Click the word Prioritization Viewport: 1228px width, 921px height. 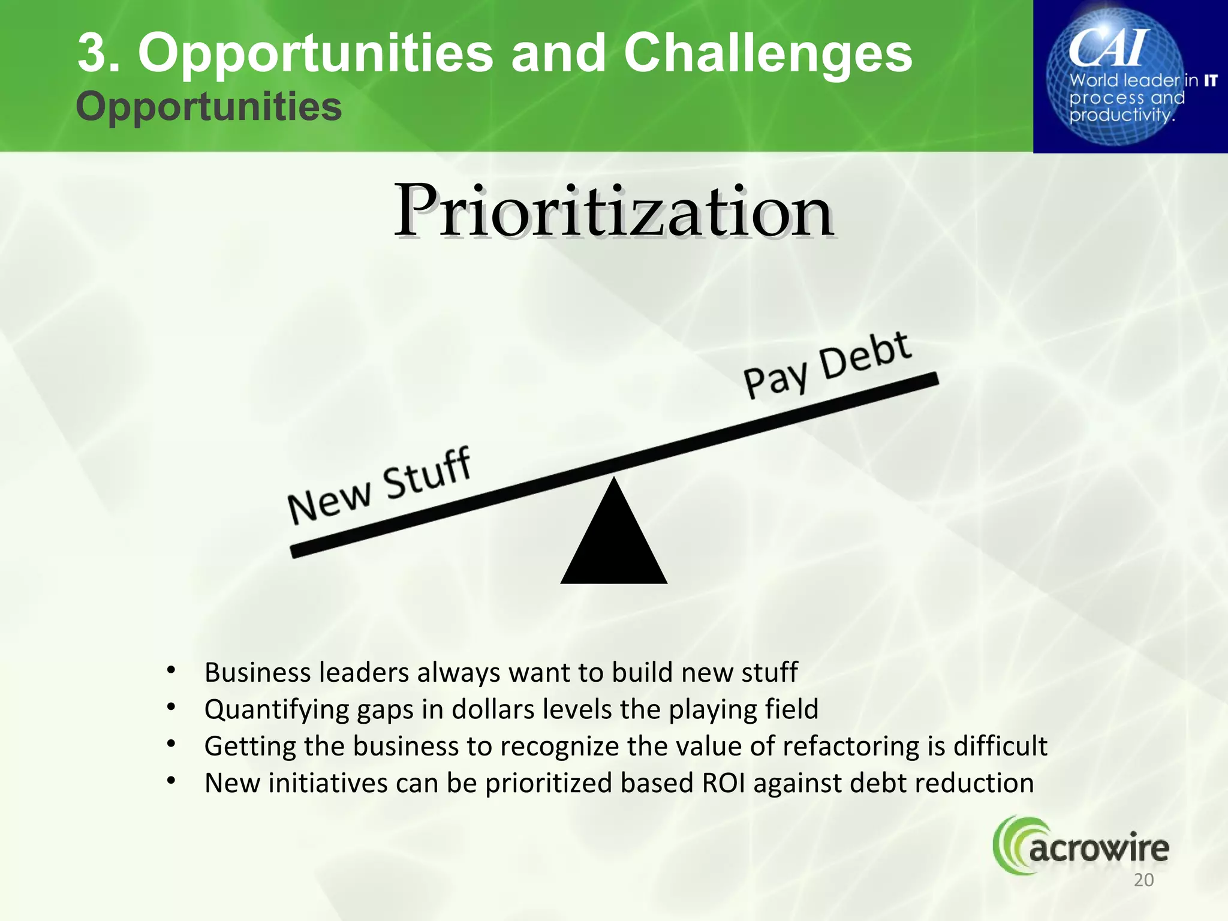pos(613,211)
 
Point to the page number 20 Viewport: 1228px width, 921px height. pos(1143,880)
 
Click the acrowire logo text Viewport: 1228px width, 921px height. pos(1098,849)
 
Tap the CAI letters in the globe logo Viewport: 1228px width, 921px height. pos(1108,48)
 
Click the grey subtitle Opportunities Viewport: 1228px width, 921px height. pos(209,107)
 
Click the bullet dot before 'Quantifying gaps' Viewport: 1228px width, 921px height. pos(171,708)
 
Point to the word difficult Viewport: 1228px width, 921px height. pos(1000,747)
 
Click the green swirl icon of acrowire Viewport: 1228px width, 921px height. pos(1010,845)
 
